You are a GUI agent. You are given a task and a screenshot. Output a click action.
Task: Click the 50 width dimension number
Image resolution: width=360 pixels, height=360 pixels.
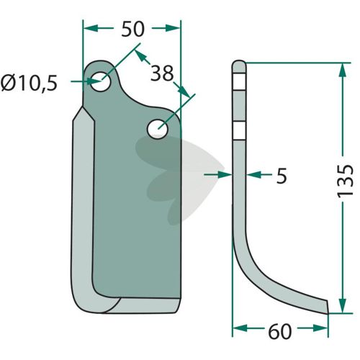point(132,29)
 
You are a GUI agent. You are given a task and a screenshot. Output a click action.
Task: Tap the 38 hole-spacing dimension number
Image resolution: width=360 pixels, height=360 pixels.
point(162,73)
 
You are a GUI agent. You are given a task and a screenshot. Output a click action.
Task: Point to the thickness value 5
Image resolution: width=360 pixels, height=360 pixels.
point(282,176)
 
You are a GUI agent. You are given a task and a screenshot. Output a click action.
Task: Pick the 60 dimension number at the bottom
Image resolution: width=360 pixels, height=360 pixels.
point(280,332)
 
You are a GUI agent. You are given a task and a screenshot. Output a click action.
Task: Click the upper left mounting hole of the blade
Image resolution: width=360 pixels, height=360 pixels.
point(101,81)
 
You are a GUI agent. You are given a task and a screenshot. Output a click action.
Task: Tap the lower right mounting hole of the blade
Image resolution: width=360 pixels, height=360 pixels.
point(158,129)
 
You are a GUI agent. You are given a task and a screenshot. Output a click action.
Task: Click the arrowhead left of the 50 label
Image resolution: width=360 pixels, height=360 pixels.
point(91,28)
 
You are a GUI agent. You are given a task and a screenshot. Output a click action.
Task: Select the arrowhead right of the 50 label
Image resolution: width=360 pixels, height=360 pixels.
point(173,28)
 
